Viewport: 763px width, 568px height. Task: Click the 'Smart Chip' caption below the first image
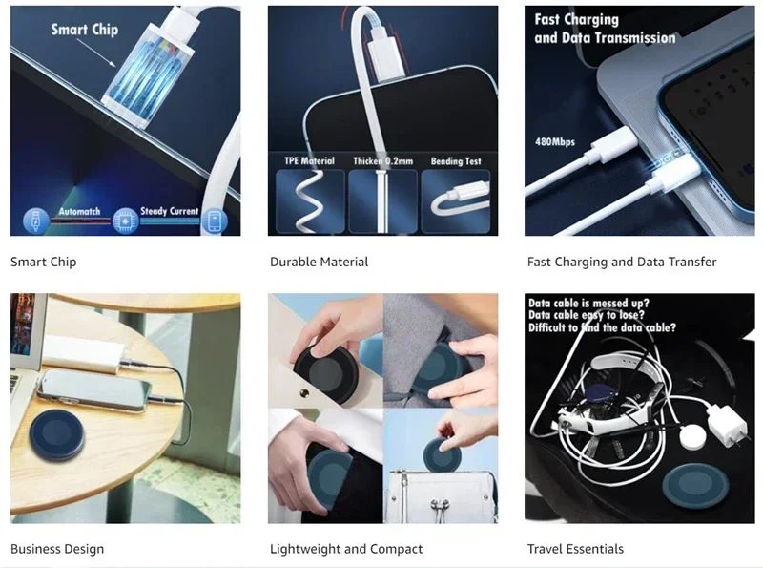point(43,263)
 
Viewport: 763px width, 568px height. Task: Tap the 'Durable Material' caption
point(319,263)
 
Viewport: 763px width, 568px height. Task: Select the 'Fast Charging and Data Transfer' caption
point(622,263)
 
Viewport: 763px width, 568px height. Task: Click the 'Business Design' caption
point(57,549)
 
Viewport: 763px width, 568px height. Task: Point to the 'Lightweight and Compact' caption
point(346,549)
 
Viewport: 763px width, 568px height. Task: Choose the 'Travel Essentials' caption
point(575,549)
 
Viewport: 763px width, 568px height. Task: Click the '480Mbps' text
point(555,141)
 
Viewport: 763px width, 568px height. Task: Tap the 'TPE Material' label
point(309,160)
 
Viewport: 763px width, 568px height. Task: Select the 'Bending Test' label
point(456,161)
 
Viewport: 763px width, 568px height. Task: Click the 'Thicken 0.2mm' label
point(383,161)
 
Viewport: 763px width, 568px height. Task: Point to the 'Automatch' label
point(79,211)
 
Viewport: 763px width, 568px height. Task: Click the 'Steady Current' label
point(170,211)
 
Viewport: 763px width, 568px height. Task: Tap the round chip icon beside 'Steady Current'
point(126,221)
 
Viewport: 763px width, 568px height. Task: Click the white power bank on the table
point(83,353)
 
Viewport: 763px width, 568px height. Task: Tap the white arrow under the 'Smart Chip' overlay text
point(96,53)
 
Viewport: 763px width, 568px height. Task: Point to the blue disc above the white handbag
point(443,455)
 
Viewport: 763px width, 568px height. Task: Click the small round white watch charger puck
point(693,437)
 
